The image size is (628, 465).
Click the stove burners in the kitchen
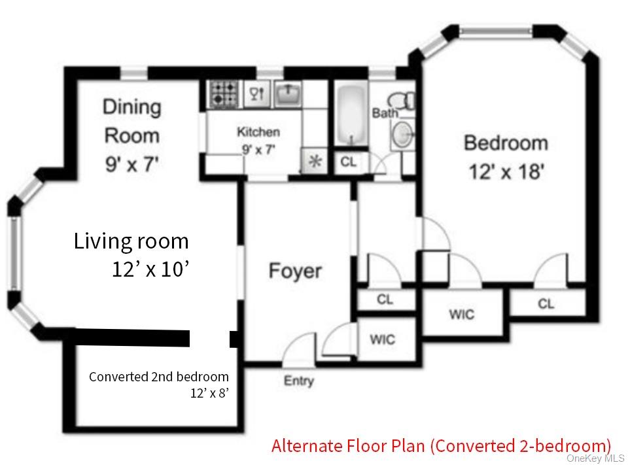224,95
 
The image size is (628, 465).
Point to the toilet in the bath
401,101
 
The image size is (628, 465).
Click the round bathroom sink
401,135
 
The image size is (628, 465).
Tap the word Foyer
295,271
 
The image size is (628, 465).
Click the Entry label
298,381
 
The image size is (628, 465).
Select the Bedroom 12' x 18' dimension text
505,173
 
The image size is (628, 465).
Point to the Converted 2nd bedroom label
159,377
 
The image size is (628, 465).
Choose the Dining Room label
131,121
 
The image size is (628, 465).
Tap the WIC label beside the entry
382,339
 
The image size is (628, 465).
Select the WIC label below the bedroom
461,315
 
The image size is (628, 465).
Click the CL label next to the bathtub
349,162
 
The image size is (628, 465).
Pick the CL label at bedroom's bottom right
546,304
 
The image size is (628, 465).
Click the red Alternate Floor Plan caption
441,446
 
